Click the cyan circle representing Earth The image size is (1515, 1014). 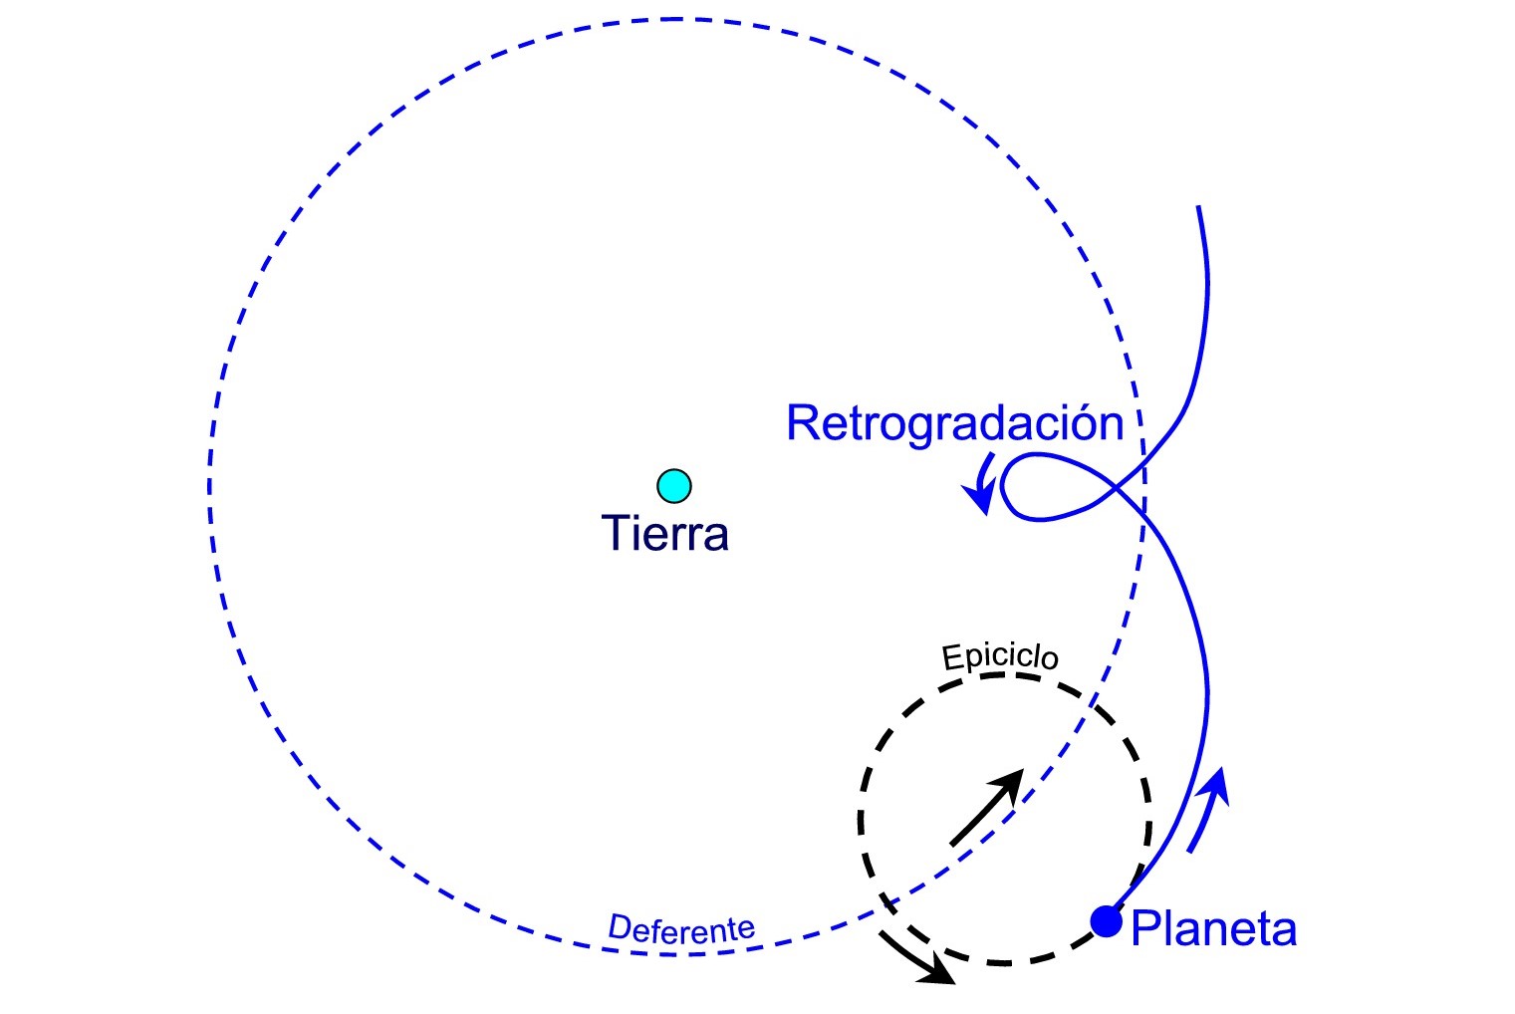tap(674, 486)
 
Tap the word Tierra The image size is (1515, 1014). tap(665, 534)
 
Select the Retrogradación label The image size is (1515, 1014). tap(954, 423)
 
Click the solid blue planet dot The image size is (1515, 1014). tap(1106, 921)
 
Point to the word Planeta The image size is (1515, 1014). tap(1214, 929)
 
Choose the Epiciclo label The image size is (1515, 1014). tap(999, 656)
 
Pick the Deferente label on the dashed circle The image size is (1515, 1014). tap(681, 929)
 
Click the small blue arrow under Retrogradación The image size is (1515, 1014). tap(983, 483)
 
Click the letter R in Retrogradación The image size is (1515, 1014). tap(803, 423)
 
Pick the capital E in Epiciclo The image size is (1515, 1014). tap(951, 659)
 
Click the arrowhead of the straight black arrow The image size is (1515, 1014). tap(1011, 782)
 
